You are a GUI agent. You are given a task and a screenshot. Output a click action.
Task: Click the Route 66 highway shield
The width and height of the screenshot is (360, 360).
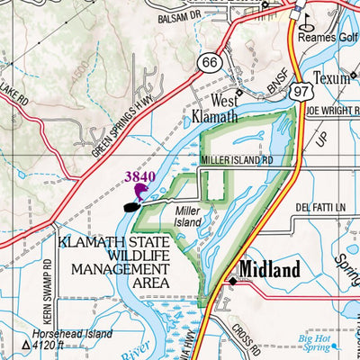coord(210,60)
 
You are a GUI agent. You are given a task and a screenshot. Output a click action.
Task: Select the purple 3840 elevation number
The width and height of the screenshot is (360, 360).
coord(141,177)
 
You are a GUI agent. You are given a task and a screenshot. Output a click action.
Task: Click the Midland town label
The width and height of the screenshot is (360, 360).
coord(269,270)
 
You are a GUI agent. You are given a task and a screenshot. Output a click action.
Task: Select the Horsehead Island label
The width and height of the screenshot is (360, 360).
coord(71,333)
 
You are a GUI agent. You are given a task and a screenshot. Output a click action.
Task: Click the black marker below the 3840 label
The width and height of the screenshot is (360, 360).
coord(131,206)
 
